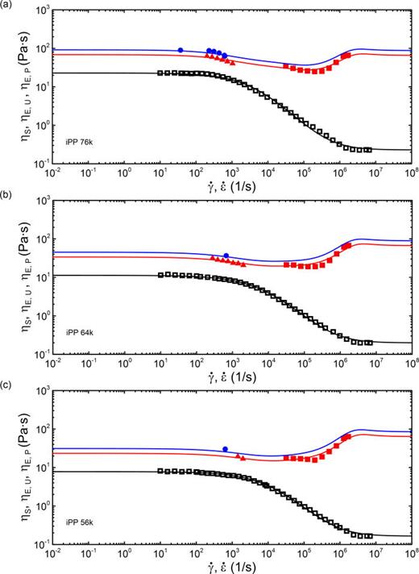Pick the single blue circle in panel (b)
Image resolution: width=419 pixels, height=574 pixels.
[226, 256]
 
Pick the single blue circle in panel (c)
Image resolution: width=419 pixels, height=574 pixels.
[226, 449]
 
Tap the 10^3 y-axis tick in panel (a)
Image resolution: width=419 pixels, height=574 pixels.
[41, 10]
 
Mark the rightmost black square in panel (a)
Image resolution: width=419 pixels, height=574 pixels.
[369, 149]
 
